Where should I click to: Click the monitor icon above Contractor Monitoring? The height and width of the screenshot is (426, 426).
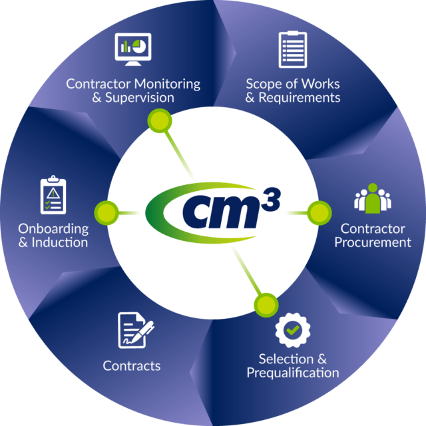pyautogui.click(x=133, y=49)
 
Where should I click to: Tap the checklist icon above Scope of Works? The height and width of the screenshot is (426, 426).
pyautogui.click(x=292, y=49)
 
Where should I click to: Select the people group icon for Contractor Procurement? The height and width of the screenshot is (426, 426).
pyautogui.click(x=372, y=198)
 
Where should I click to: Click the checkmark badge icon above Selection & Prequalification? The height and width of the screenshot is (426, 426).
pyautogui.click(x=292, y=329)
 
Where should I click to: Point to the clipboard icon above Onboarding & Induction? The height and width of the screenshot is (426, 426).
pyautogui.click(x=53, y=195)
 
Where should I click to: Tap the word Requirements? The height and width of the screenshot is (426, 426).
pyautogui.click(x=300, y=98)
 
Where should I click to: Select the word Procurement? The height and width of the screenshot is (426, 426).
pyautogui.click(x=373, y=242)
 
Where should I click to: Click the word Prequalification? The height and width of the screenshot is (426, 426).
pyautogui.click(x=293, y=372)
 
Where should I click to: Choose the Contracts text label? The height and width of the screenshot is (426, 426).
pyautogui.click(x=132, y=365)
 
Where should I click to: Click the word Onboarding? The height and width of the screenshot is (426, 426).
pyautogui.click(x=53, y=228)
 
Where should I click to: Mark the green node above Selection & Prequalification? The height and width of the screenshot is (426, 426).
pyautogui.click(x=266, y=305)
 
